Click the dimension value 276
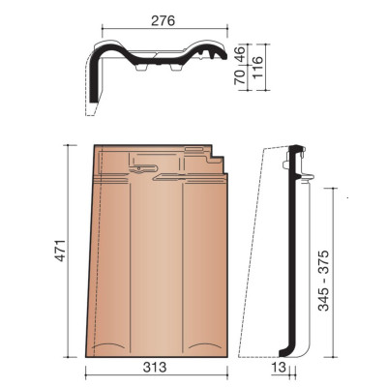[163, 21]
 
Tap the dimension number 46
[240, 54]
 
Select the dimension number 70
[240, 77]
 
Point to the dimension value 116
[257, 67]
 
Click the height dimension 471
[60, 251]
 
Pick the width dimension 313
[155, 368]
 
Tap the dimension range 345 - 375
[323, 281]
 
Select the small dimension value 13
[279, 368]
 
